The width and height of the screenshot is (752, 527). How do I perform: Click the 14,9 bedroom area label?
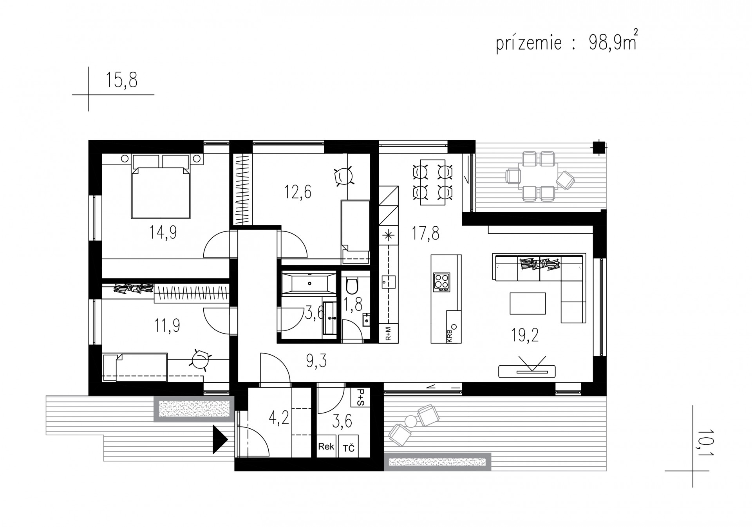pos(163,233)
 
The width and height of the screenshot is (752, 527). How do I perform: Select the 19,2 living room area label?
pos(524,336)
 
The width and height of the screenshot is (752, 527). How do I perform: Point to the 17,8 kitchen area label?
pos(425,233)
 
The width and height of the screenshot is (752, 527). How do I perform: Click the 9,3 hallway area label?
pos(316,361)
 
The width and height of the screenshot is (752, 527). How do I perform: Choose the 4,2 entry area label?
pos(278,418)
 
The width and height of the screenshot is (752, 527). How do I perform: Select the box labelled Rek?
pos(326,446)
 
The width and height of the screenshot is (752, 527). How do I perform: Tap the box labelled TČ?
pos(349,446)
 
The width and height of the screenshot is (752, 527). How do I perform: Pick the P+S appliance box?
pos(360,397)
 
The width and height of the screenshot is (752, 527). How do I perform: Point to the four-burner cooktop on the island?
pos(442,282)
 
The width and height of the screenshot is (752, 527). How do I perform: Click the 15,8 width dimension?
pos(121,80)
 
